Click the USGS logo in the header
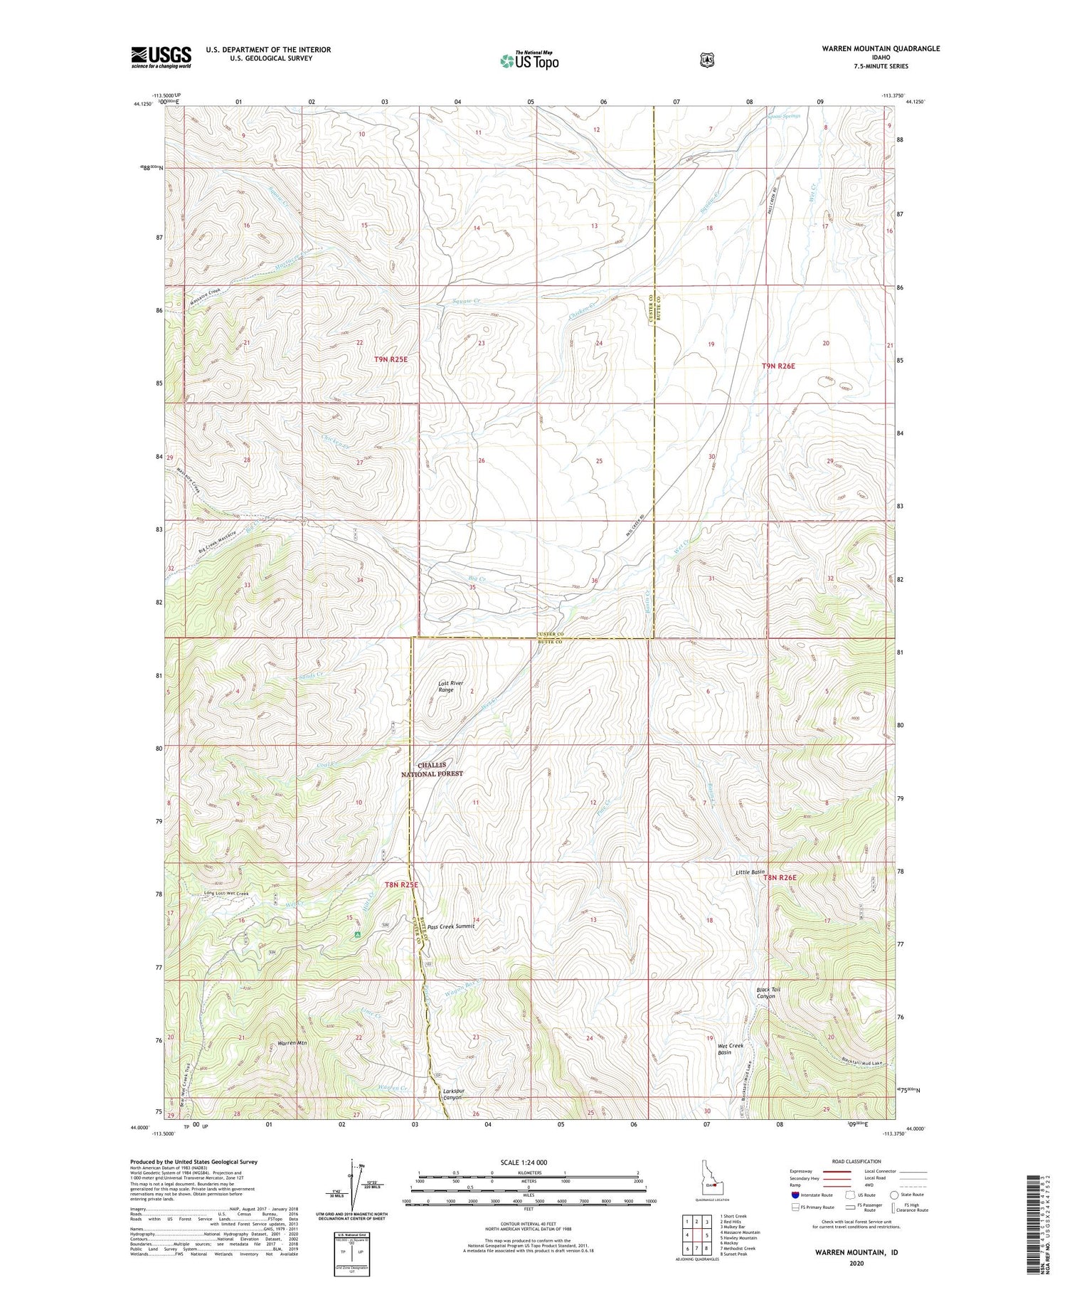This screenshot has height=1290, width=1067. (161, 57)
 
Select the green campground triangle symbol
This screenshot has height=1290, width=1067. (358, 934)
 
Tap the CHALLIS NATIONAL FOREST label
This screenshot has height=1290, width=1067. (432, 769)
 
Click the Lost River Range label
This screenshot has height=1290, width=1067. (450, 687)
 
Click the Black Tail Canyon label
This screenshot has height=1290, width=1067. (765, 993)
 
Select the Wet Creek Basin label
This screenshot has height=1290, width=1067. (731, 1049)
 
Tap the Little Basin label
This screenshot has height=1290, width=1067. (750, 872)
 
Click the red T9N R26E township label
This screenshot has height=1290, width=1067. (778, 366)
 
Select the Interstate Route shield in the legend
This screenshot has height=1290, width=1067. (795, 1195)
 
